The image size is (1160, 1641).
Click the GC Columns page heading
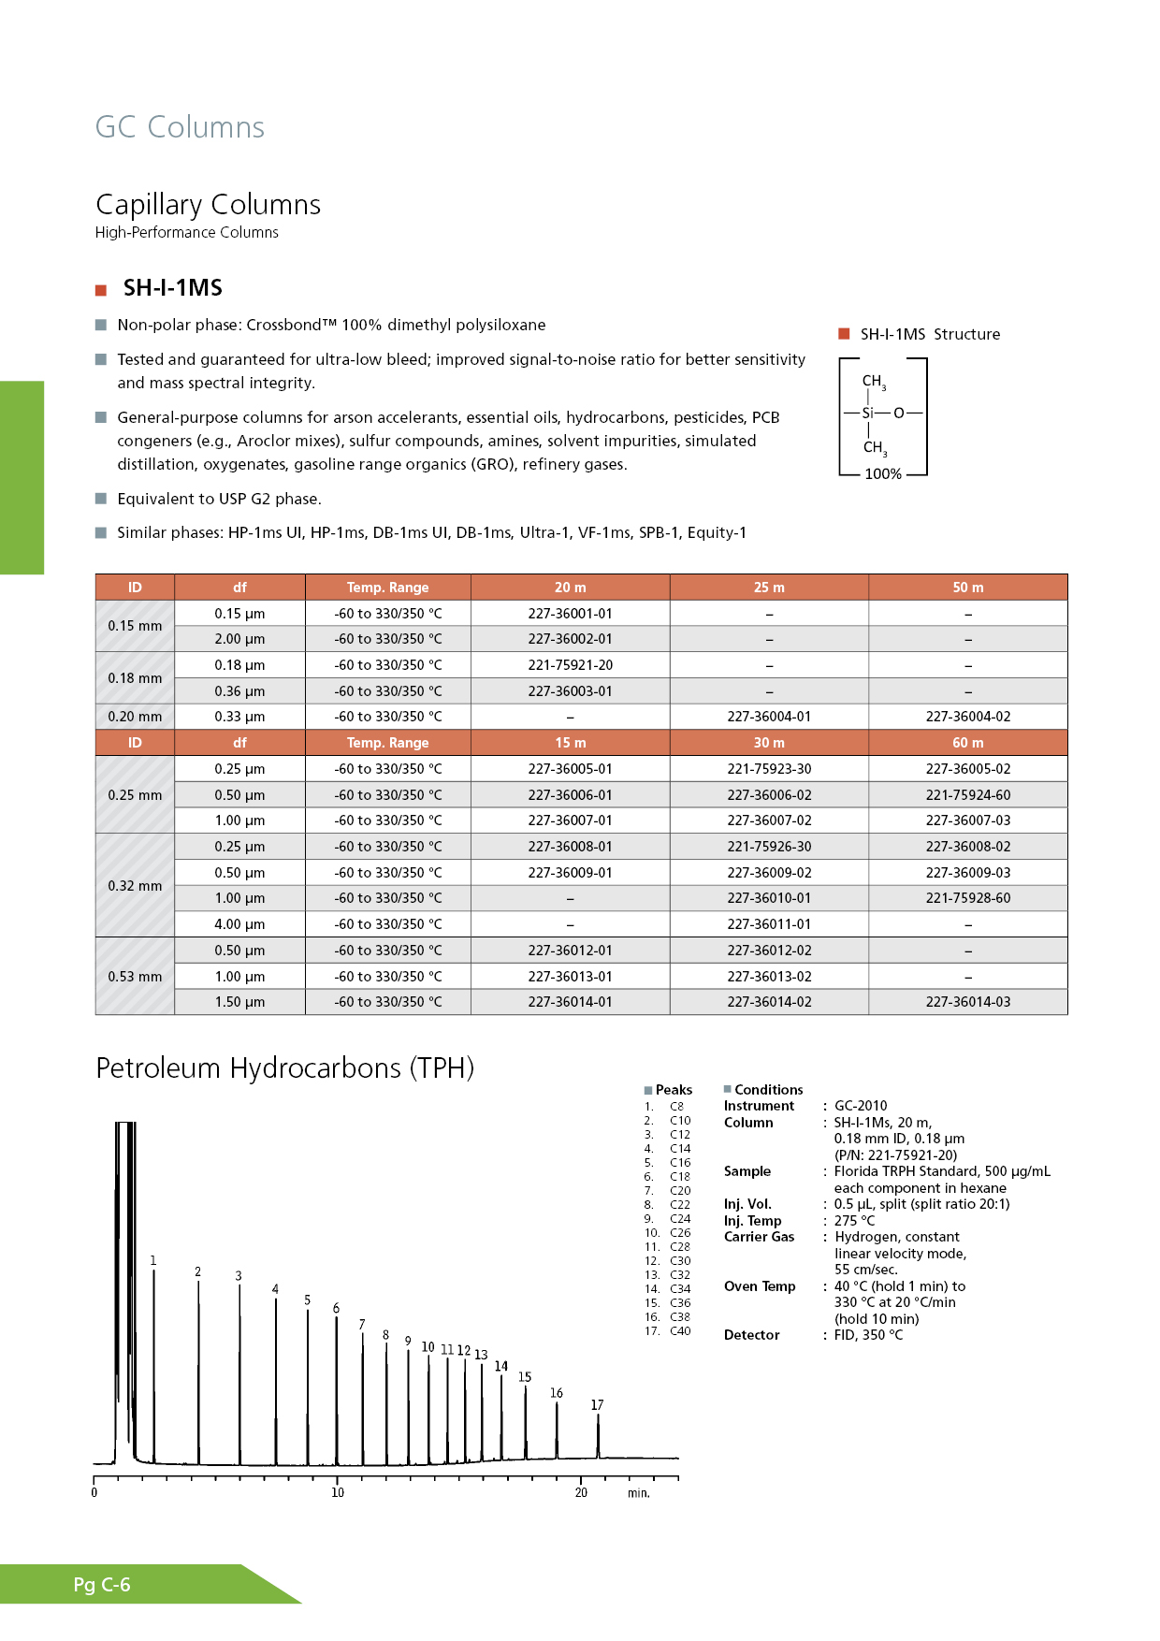click(180, 127)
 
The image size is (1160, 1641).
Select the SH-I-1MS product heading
click(172, 288)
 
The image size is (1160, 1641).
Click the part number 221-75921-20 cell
click(570, 665)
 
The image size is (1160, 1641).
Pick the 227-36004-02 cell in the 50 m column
click(967, 717)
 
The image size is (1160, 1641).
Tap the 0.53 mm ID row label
click(135, 977)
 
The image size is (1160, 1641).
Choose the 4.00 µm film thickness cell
click(239, 924)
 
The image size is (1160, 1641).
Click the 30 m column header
click(769, 743)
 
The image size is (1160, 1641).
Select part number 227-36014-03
click(967, 1002)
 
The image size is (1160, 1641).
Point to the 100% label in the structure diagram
click(882, 474)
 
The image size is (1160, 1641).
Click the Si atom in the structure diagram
click(867, 413)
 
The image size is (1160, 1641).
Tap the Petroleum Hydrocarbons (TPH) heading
click(284, 1068)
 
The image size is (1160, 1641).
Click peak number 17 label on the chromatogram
click(597, 1405)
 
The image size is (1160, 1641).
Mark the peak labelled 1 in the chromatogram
click(153, 1261)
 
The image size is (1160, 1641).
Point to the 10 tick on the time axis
click(338, 1492)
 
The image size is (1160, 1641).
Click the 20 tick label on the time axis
click(581, 1492)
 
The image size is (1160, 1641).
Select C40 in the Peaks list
click(680, 1331)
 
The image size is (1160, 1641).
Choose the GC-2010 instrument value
click(861, 1106)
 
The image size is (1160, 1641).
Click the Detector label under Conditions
click(751, 1335)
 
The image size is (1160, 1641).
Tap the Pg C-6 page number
click(102, 1585)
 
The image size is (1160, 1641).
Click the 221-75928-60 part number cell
click(967, 898)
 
